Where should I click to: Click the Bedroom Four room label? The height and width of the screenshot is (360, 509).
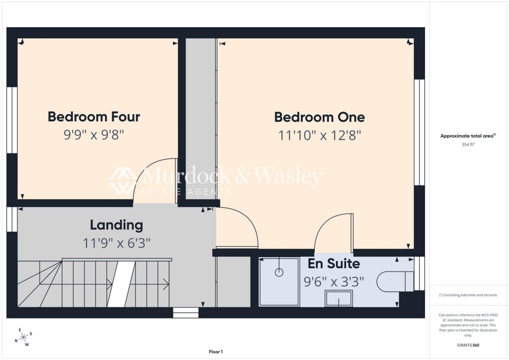pos(94,117)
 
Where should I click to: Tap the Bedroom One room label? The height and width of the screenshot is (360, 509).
pos(320,117)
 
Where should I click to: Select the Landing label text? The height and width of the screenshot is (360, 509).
pos(116,225)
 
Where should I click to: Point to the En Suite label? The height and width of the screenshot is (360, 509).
pos(334,264)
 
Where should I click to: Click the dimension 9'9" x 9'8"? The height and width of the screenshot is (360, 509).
pos(94,134)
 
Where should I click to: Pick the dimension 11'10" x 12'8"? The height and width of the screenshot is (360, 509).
pos(320,135)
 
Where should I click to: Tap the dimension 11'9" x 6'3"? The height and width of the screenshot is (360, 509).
pos(116,243)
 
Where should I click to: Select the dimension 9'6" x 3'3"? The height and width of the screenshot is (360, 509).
pos(334,281)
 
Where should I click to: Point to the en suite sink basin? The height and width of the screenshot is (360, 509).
pos(339,298)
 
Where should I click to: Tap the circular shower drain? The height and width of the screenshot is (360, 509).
pos(279,272)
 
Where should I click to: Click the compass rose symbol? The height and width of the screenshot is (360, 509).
pos(24,338)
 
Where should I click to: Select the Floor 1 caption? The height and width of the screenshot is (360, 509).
pos(216,352)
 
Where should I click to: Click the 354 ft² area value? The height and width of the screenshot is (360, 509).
pos(468,145)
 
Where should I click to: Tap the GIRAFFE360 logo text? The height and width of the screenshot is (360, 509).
pos(468,345)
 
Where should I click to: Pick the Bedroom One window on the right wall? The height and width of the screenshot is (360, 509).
pos(420,132)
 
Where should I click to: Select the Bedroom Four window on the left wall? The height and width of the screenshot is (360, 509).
pos(12,120)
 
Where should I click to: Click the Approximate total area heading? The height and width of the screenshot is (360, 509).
pos(468,136)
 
